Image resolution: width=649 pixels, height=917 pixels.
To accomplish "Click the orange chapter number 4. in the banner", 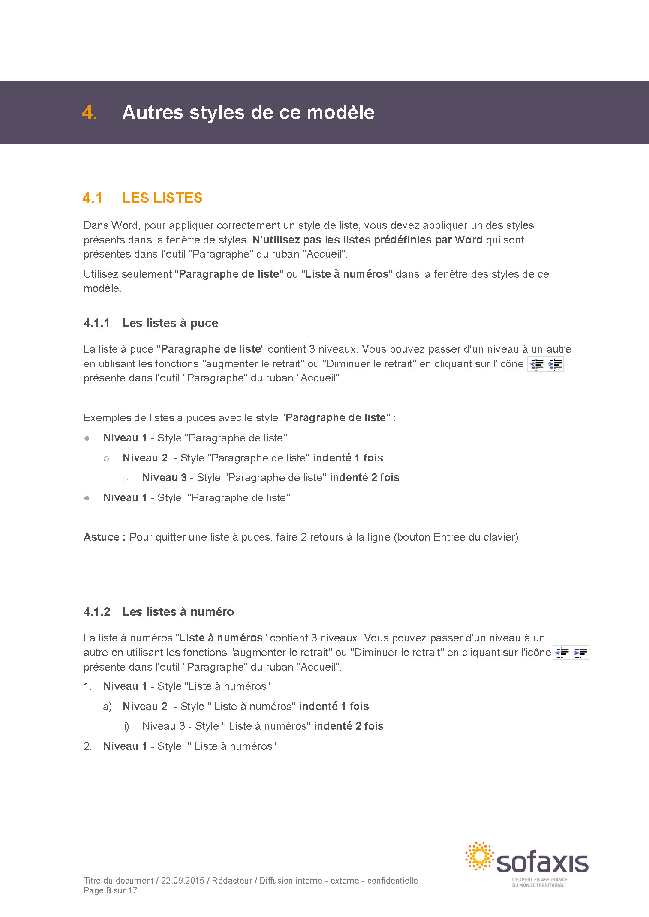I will tap(90, 113).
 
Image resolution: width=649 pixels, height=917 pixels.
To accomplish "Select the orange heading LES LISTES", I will tap(162, 198).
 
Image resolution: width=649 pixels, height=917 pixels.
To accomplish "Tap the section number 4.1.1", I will tap(97, 323).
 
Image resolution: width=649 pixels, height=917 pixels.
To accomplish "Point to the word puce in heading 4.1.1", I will tap(204, 323).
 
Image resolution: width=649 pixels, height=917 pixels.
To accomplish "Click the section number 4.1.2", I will tap(97, 612).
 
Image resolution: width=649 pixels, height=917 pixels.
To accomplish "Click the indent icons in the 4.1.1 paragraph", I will tap(545, 364).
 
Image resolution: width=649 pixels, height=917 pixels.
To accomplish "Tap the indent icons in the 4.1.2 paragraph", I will tap(571, 653).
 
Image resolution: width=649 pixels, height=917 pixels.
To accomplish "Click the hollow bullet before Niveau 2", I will tap(106, 458).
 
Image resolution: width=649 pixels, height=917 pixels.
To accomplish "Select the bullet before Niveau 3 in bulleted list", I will tap(126, 478).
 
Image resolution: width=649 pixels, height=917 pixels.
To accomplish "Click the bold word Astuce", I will tap(102, 537).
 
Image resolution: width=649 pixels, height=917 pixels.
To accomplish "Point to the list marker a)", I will tap(107, 707).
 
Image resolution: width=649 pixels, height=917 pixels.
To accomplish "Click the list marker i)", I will tap(126, 726).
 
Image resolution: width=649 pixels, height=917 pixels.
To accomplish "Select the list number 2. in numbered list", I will tap(88, 746).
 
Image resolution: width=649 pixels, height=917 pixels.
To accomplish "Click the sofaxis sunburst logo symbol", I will tap(479, 856).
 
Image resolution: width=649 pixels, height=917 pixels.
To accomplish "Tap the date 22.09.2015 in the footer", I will tap(183, 881).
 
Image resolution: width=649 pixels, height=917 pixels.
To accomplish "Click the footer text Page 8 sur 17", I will tap(111, 890).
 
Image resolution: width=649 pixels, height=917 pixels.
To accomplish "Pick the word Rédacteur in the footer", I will tap(232, 881).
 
